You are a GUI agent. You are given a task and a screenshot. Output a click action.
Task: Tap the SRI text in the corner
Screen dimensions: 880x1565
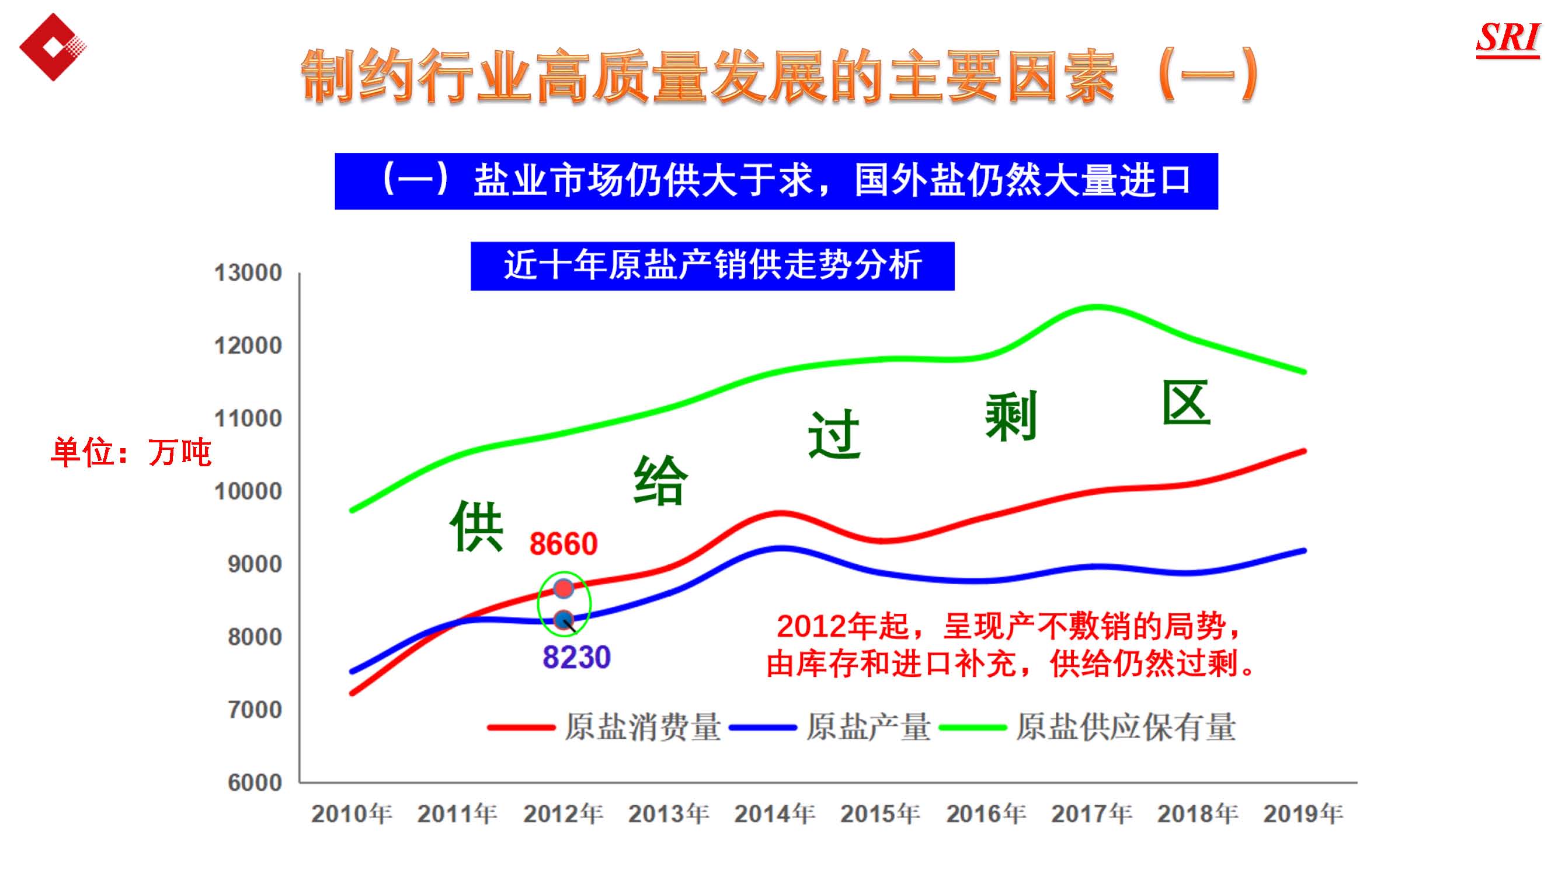[1507, 39]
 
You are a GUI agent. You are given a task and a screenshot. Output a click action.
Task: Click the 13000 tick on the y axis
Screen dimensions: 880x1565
[248, 273]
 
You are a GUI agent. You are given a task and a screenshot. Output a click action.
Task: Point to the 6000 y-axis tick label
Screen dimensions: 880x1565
[255, 783]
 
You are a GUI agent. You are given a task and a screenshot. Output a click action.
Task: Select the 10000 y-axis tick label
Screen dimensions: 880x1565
[248, 491]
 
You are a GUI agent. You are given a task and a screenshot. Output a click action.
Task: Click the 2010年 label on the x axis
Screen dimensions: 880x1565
[352, 814]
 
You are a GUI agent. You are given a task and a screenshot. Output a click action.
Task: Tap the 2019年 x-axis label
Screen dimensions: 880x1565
[1303, 814]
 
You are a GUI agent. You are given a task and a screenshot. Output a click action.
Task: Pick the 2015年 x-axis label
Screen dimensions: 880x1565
[881, 814]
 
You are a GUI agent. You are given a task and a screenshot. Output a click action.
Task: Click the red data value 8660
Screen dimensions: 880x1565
[563, 543]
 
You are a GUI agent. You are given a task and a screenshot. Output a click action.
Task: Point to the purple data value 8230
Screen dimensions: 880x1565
[576, 657]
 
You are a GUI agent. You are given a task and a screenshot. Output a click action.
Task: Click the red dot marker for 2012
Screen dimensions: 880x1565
[564, 588]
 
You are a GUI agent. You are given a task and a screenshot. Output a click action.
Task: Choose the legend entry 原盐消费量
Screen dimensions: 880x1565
[642, 727]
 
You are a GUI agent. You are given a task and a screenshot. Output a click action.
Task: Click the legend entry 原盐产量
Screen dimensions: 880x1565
[868, 727]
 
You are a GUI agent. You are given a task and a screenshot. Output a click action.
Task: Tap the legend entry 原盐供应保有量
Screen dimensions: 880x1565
[1126, 727]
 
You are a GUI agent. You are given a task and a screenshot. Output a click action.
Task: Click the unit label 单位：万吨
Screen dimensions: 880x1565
[131, 452]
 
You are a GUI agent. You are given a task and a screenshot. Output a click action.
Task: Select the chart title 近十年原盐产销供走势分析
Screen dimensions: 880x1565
[712, 266]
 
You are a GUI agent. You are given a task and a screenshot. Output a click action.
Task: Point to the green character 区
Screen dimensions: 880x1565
[1186, 403]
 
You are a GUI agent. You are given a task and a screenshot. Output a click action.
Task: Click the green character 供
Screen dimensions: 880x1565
[477, 526]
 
